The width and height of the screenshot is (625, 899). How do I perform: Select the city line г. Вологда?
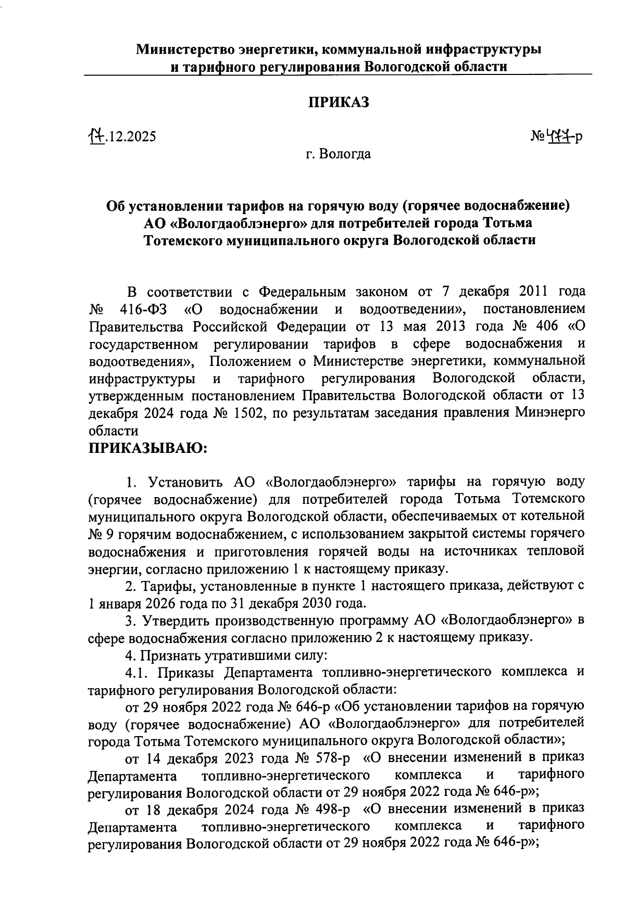pyautogui.click(x=338, y=154)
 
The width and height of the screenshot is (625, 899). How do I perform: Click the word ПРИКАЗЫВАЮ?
pyautogui.click(x=148, y=448)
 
